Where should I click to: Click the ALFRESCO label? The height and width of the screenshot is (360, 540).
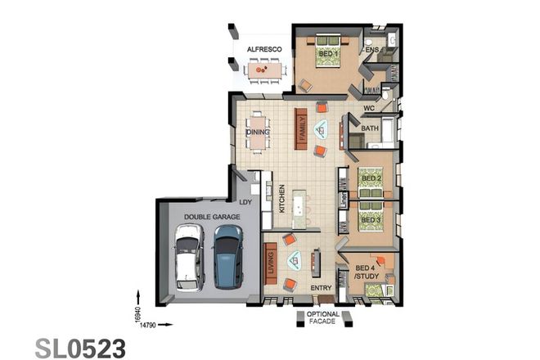[264, 50]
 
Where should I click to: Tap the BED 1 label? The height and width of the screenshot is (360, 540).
[329, 55]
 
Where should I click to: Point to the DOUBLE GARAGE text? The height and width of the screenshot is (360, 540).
[212, 216]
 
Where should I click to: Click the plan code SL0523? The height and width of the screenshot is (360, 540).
[80, 347]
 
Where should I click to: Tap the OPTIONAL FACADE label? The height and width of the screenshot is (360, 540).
[322, 319]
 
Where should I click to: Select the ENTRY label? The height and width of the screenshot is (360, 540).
[321, 287]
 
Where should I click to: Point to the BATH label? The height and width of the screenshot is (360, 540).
[370, 128]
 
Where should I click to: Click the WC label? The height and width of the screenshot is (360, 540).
[368, 107]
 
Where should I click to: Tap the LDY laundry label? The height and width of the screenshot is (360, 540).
[245, 201]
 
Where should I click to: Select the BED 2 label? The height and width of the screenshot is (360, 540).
[371, 178]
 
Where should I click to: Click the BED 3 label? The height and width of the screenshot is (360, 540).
[371, 219]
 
